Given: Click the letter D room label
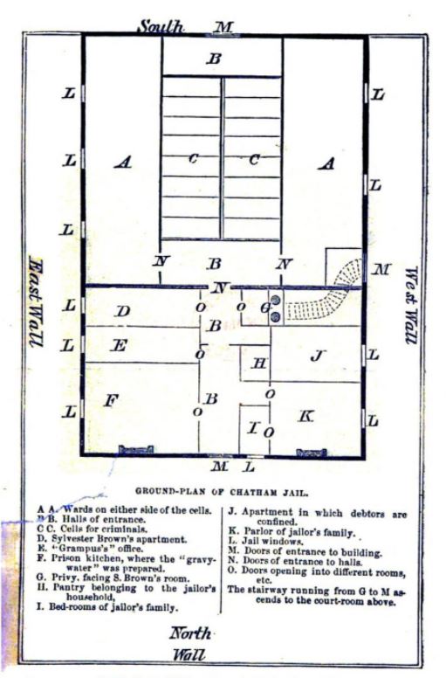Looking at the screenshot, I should click(123, 311).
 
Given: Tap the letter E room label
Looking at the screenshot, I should click(121, 345).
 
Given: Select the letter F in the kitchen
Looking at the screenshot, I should click(111, 400).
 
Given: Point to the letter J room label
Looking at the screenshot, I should click(318, 355).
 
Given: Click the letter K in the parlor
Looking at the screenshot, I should click(305, 417).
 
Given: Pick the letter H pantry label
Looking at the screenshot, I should click(258, 363).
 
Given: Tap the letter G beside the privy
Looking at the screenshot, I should click(264, 308).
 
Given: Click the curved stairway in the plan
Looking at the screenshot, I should click(323, 298).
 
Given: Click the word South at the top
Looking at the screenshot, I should click(161, 26).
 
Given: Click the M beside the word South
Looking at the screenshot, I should click(224, 27).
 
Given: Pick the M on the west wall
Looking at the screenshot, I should click(381, 269).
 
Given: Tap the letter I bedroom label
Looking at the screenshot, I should click(252, 428).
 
